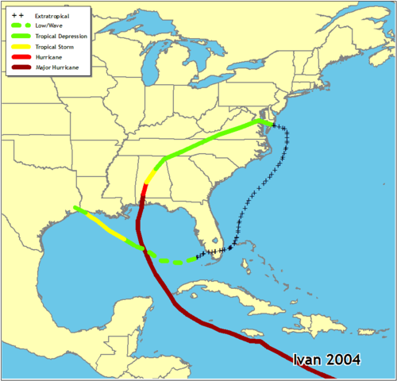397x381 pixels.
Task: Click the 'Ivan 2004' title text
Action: click(326, 360)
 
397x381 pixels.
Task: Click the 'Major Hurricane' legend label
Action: click(56, 67)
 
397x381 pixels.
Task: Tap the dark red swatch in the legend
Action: click(21, 67)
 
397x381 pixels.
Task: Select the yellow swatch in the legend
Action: click(21, 47)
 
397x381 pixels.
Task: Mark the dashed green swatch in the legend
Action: click(21, 26)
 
